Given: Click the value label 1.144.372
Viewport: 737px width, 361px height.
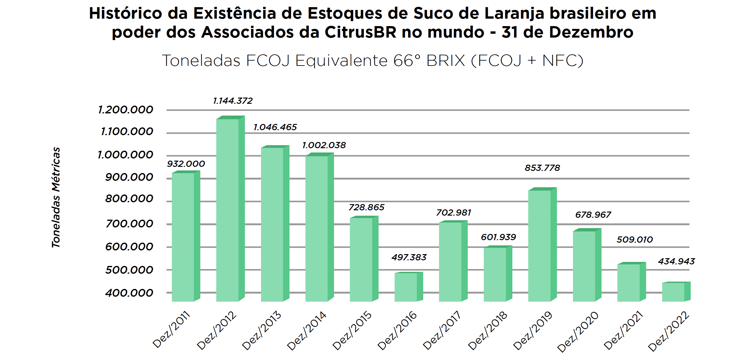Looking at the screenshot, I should (x=233, y=101).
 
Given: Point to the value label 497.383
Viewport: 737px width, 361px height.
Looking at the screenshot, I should (x=409, y=258).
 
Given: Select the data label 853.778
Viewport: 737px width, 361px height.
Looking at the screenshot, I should (x=542, y=168).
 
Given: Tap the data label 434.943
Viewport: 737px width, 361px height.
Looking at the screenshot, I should (x=676, y=262).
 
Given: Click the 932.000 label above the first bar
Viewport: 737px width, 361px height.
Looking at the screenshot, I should (x=186, y=164).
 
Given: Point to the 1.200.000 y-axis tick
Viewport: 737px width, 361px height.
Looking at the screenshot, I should (x=126, y=110).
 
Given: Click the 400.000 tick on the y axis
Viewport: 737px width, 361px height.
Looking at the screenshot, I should (x=129, y=293).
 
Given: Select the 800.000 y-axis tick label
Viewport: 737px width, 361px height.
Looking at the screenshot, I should (x=129, y=199).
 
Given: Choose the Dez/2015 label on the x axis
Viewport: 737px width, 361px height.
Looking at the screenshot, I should (x=352, y=331).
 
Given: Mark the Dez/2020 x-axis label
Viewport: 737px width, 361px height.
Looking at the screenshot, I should (x=578, y=331).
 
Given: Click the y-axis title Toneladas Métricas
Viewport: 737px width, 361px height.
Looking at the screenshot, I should (x=56, y=197).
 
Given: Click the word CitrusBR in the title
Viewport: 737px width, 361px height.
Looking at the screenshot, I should (x=361, y=32).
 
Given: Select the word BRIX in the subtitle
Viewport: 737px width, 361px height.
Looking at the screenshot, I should (x=446, y=61).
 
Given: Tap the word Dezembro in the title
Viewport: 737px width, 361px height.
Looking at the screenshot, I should (x=591, y=32).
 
